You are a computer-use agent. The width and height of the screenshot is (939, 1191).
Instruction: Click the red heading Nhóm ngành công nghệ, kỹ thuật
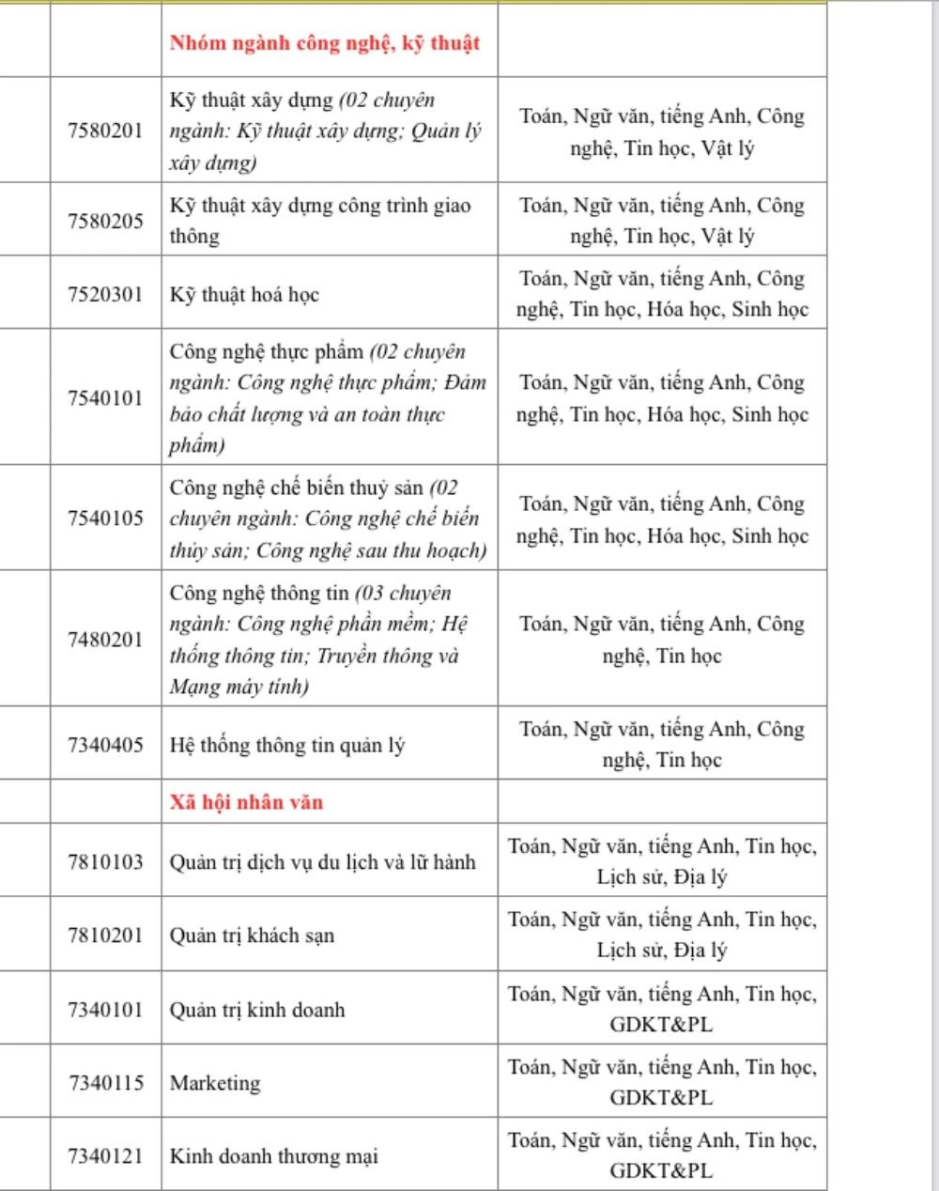coord(325,43)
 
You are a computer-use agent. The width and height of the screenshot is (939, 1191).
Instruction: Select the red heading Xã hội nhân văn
coord(246,802)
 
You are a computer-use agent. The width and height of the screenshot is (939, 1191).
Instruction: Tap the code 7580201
coord(105,131)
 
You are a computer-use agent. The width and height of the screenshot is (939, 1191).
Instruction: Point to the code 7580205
coord(105,221)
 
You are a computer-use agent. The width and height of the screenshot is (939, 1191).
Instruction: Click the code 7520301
coord(105,294)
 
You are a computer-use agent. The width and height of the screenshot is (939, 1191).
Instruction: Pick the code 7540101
coord(105,397)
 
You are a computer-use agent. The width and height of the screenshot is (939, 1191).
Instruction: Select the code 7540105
coord(105,518)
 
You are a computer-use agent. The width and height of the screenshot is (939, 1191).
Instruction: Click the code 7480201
coord(105,639)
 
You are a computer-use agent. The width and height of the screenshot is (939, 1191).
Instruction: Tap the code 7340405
coord(105,745)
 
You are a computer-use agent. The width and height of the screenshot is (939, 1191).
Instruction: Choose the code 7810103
coord(105,861)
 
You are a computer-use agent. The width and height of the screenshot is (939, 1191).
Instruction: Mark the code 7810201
coord(105,935)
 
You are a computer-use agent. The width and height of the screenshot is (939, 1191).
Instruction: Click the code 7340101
coord(105,1010)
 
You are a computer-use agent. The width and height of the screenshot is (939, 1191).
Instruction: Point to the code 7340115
coord(105,1083)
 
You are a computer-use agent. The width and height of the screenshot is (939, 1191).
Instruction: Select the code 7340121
coord(105,1156)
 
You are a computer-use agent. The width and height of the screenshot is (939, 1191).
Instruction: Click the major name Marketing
coord(215,1083)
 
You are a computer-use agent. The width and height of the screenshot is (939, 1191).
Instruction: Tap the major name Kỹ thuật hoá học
coord(244,294)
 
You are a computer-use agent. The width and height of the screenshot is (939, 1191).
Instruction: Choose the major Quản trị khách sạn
coord(252,936)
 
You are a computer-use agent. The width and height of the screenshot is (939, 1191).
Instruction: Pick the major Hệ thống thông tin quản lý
coord(286,746)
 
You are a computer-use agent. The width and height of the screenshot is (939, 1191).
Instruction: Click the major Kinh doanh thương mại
coord(273,1156)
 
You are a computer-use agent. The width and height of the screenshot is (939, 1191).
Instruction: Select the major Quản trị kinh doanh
coord(257,1011)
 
